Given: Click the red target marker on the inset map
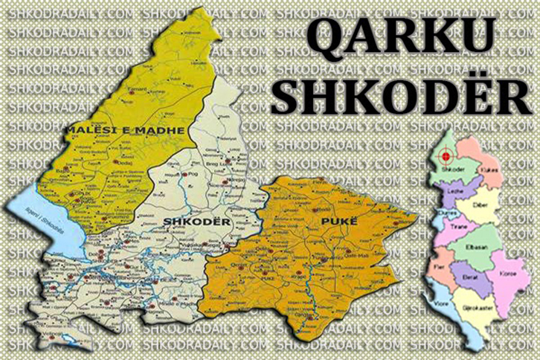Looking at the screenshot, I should click(x=446, y=156).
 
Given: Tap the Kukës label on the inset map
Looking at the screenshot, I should click(x=490, y=170).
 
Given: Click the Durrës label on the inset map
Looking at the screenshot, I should click(x=450, y=213).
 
